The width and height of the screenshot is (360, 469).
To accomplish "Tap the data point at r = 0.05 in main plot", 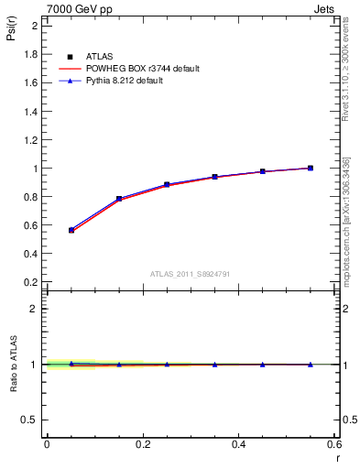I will point(71,230).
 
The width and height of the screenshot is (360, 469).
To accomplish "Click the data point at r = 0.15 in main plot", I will point(119,199).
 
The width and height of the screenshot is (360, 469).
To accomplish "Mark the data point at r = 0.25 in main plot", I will point(167,184).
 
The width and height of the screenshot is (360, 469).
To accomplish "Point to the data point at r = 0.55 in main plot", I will point(311,168).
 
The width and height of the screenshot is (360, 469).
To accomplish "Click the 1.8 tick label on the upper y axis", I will point(30,54).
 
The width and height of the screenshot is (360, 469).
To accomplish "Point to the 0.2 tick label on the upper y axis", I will point(30,283).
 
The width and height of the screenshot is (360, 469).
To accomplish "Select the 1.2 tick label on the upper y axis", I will point(30,140).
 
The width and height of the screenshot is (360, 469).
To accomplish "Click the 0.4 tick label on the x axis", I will point(238,443).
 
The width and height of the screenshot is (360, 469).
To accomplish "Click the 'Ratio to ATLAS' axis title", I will point(12,364).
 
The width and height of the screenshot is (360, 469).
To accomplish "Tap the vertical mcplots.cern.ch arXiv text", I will point(346,221).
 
